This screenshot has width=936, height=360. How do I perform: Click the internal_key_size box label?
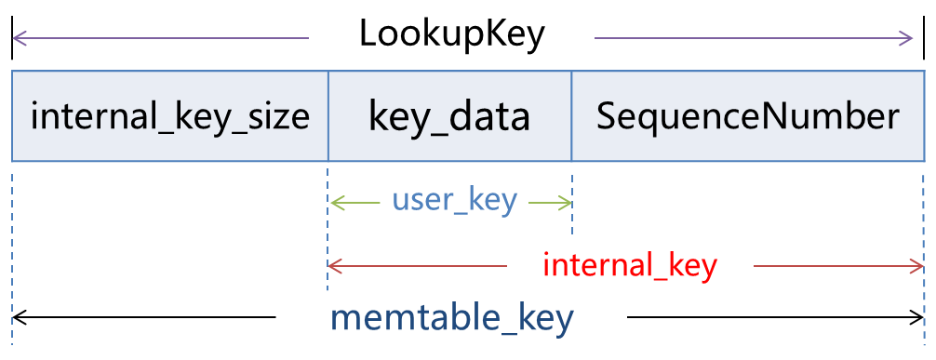tap(169, 116)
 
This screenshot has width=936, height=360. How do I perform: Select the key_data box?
tap(449, 116)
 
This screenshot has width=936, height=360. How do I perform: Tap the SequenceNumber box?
tap(747, 116)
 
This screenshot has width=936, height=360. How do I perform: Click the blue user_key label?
tap(454, 200)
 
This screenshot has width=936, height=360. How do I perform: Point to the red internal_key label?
tap(630, 266)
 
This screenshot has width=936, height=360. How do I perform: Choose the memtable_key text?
tap(452, 318)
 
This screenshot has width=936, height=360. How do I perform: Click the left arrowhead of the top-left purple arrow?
tap(17, 38)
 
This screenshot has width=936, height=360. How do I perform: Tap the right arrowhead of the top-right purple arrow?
tap(909, 38)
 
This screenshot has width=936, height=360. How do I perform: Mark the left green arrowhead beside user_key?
tap(335, 202)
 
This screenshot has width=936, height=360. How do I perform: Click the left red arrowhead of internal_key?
tap(334, 267)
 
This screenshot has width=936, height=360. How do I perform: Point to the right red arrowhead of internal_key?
tap(916, 267)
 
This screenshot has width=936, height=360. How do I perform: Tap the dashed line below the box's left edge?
tap(12, 251)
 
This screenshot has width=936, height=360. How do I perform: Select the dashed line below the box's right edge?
tap(924, 251)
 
